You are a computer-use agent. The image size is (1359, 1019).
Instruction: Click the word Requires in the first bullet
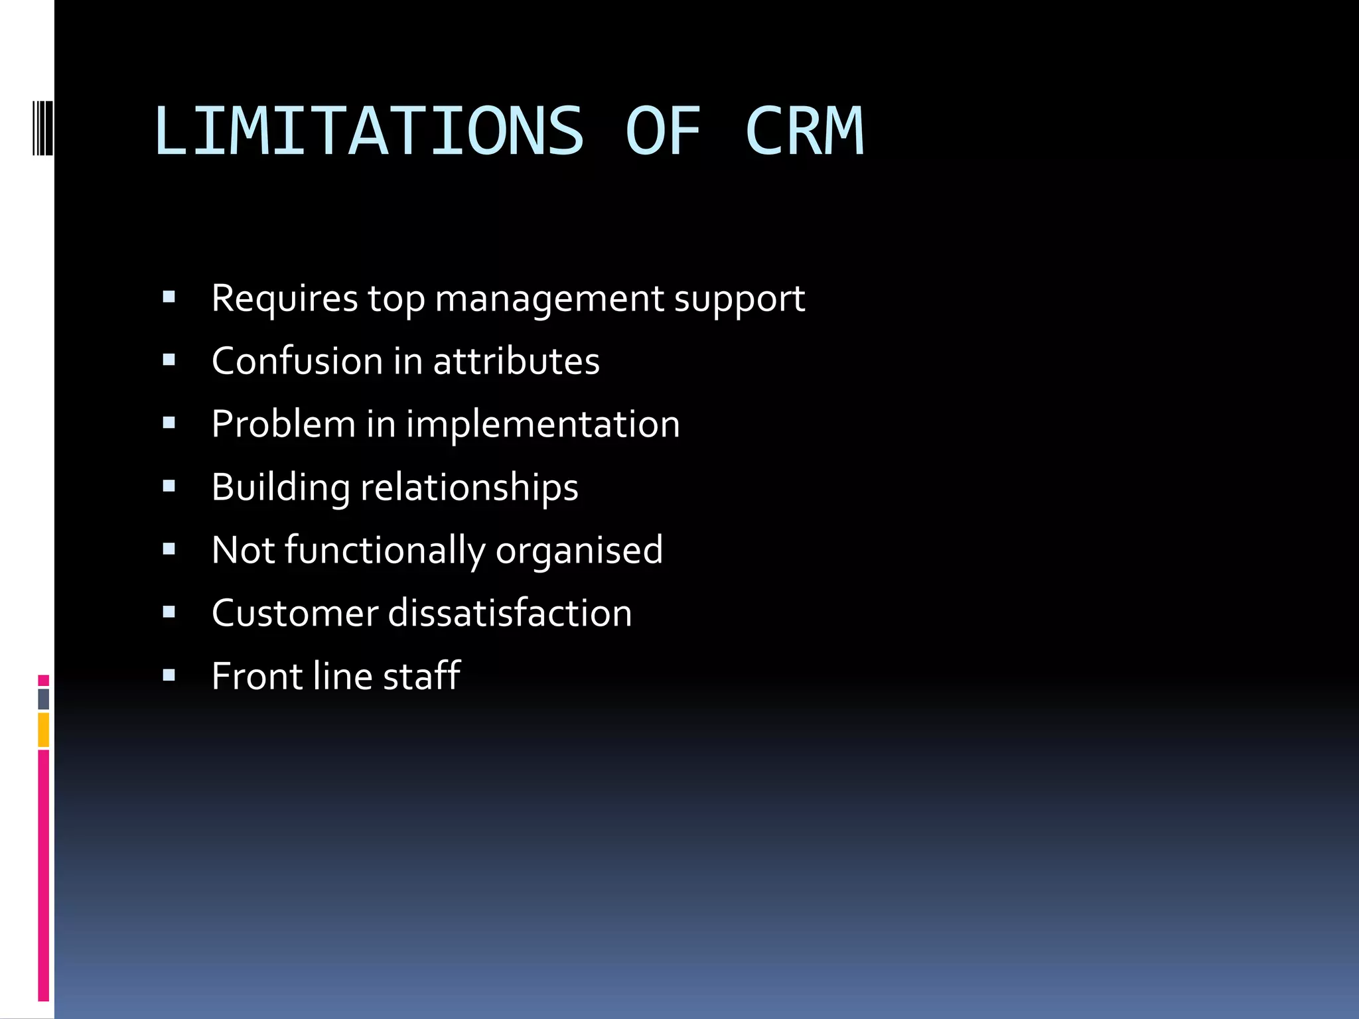[x=285, y=299]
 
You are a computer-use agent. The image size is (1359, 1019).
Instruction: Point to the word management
[x=549, y=299]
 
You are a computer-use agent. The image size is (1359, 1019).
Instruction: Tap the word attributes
[x=516, y=362]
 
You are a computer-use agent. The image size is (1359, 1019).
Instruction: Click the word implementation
[x=543, y=425]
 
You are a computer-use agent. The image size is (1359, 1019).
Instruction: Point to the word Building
[x=280, y=488]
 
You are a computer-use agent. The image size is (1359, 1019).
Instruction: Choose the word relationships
[x=469, y=488]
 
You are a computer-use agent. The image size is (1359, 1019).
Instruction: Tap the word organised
[x=579, y=551]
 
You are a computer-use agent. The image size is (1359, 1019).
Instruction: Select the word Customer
[x=295, y=613]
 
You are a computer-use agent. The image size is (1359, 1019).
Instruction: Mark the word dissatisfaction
[x=510, y=613]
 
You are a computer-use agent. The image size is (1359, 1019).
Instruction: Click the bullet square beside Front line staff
[x=169, y=676]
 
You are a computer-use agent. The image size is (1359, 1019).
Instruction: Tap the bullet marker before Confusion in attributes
[x=169, y=361]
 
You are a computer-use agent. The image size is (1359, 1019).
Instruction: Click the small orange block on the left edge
[x=43, y=730]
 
